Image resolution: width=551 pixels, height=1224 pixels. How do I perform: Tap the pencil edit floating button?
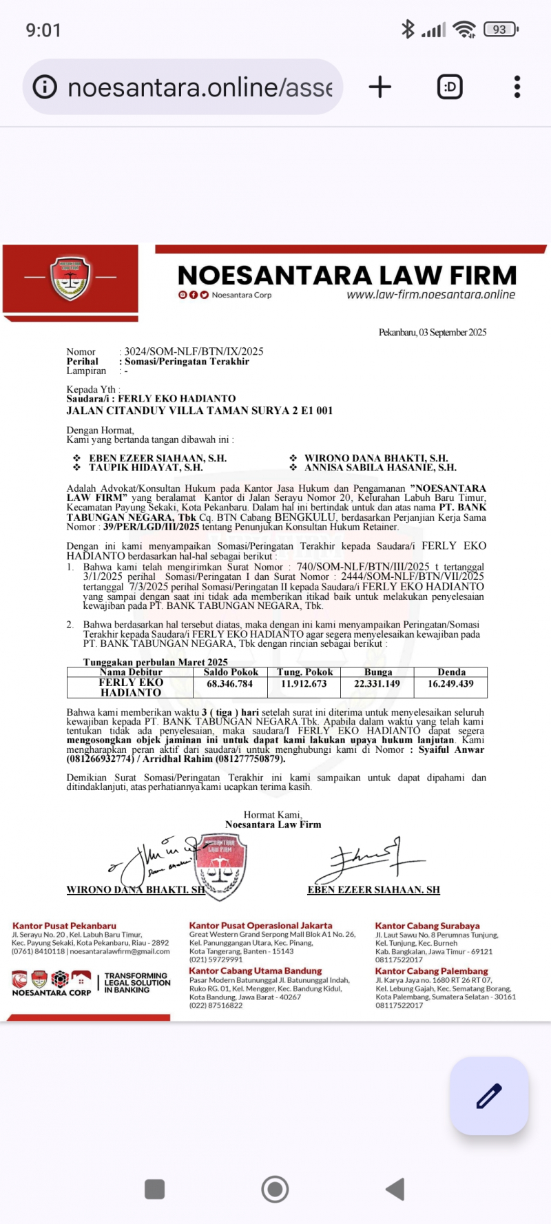(x=489, y=1095)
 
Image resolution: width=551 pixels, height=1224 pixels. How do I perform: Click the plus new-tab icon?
(x=380, y=87)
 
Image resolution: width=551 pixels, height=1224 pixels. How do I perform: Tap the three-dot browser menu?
(x=517, y=87)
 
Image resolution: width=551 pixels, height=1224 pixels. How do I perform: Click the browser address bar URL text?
(x=200, y=87)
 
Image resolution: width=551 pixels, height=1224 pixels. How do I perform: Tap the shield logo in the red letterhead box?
(x=70, y=278)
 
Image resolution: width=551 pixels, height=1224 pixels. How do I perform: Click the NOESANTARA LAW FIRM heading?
(x=347, y=276)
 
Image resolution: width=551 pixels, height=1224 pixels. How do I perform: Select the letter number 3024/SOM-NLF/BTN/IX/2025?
(x=194, y=351)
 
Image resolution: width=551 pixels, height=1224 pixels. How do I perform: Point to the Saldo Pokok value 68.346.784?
(x=230, y=684)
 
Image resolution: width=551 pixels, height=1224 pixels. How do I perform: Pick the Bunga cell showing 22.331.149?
(x=377, y=684)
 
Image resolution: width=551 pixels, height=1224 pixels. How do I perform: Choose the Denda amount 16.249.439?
(x=450, y=684)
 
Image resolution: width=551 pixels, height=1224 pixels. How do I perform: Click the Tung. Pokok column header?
(x=304, y=672)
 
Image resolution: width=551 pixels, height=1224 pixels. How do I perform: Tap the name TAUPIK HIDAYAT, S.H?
(x=145, y=468)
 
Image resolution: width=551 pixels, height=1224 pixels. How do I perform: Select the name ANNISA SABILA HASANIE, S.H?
(x=380, y=468)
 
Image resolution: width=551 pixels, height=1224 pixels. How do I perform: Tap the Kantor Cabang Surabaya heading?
(x=427, y=926)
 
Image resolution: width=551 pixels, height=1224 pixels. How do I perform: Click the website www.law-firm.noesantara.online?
(x=430, y=295)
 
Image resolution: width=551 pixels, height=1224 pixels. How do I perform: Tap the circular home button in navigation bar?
(x=275, y=1189)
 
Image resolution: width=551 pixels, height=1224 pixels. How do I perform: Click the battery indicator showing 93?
(x=501, y=30)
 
